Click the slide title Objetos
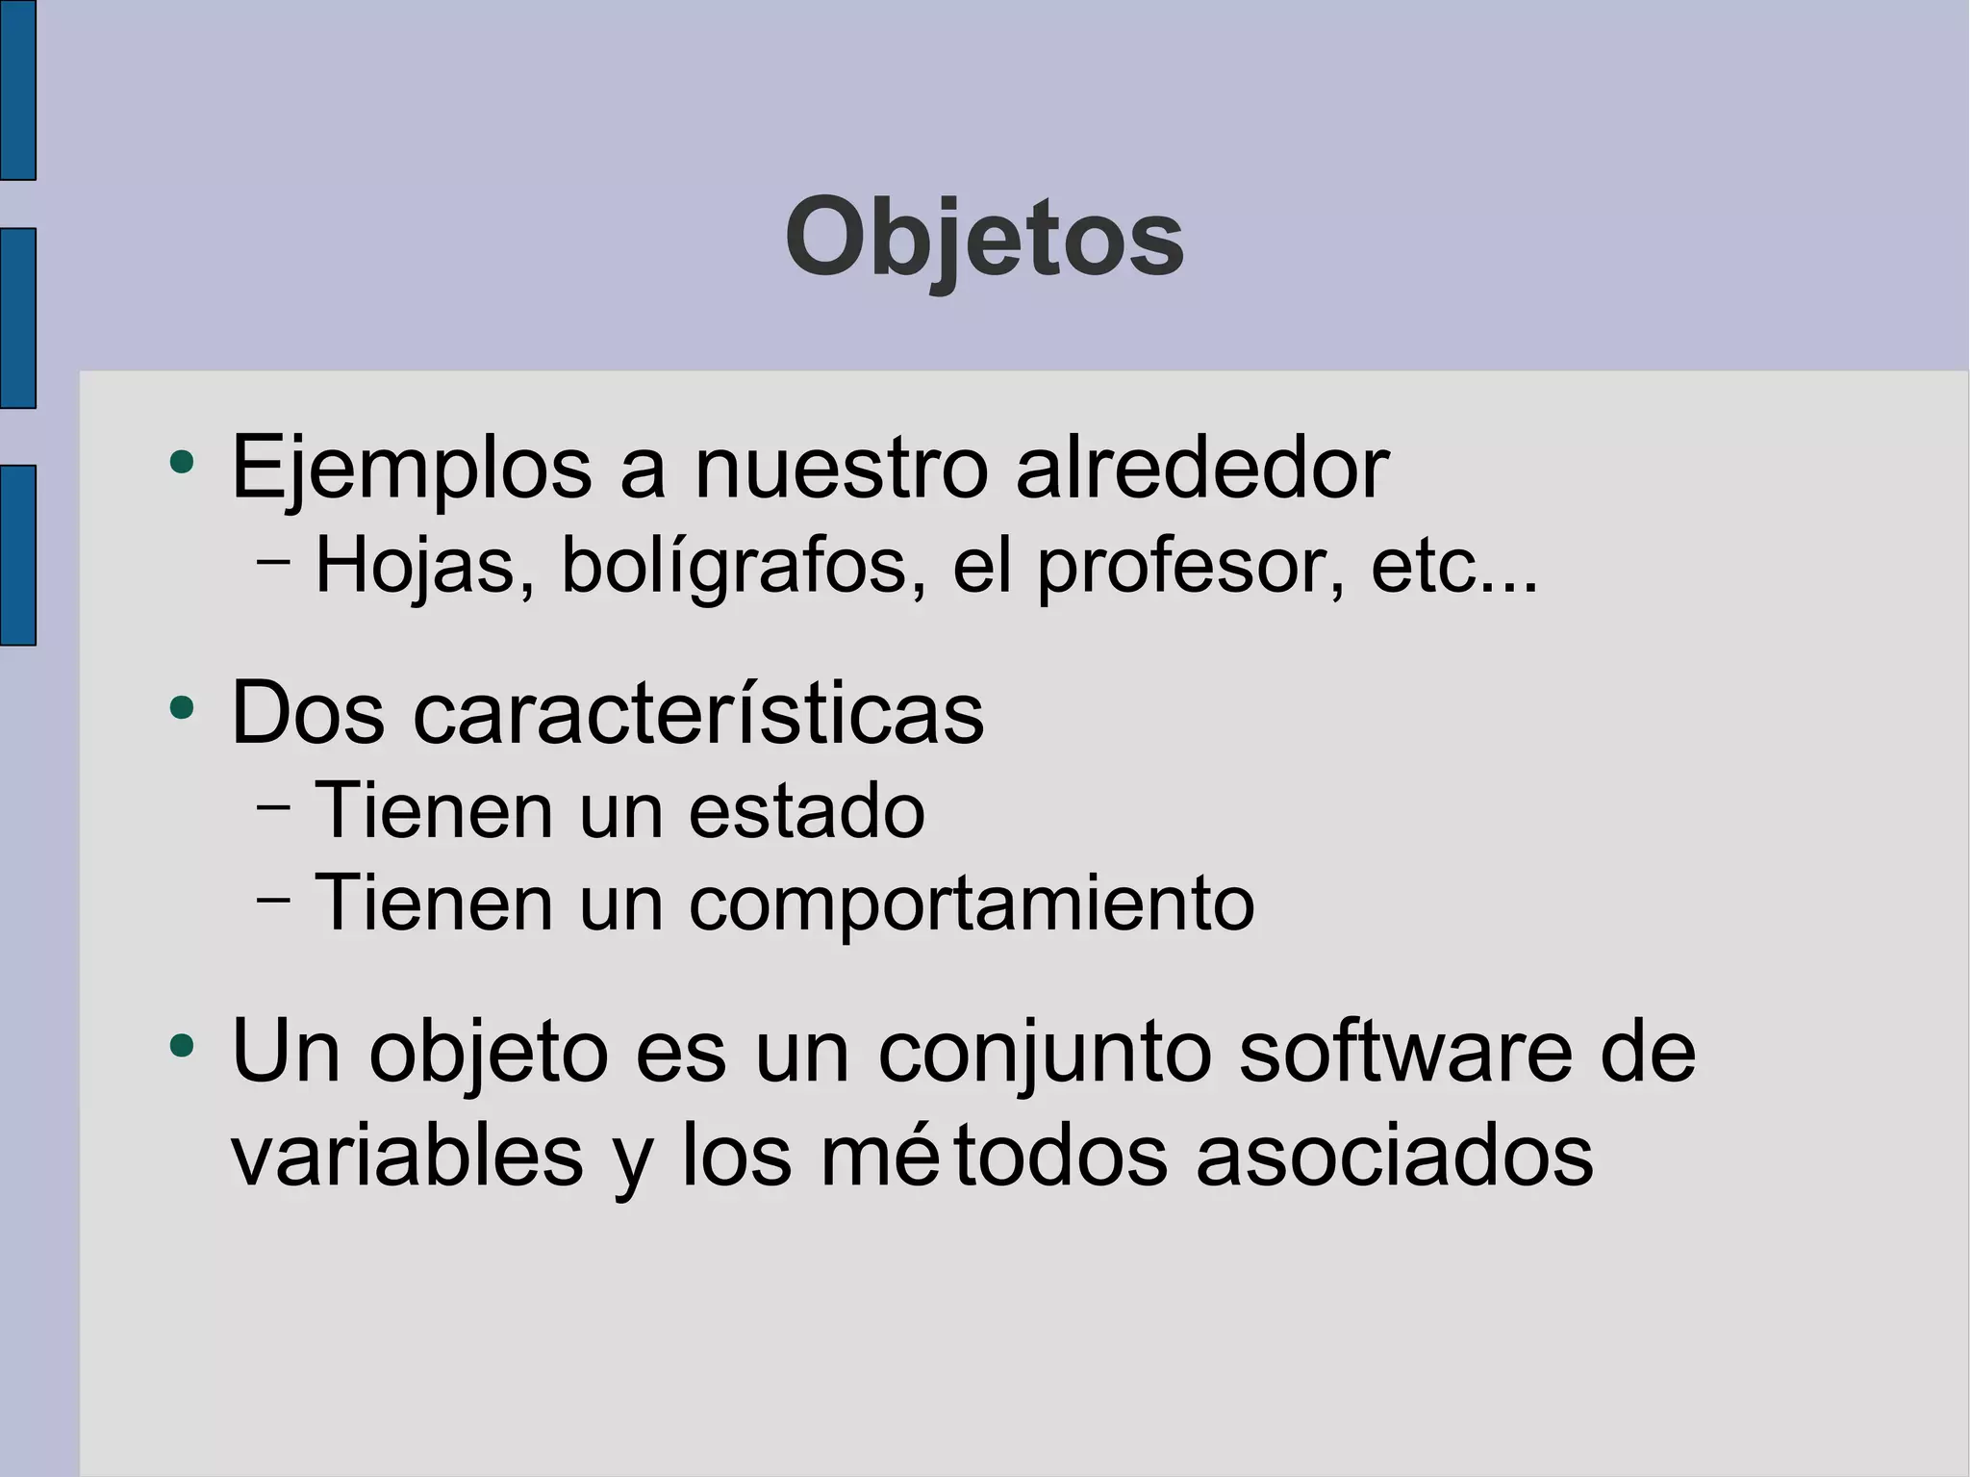(984, 238)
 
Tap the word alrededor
(1201, 469)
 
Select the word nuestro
(841, 469)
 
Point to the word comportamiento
(972, 904)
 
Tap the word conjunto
(1045, 1052)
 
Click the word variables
(407, 1156)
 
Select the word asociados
(1394, 1156)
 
